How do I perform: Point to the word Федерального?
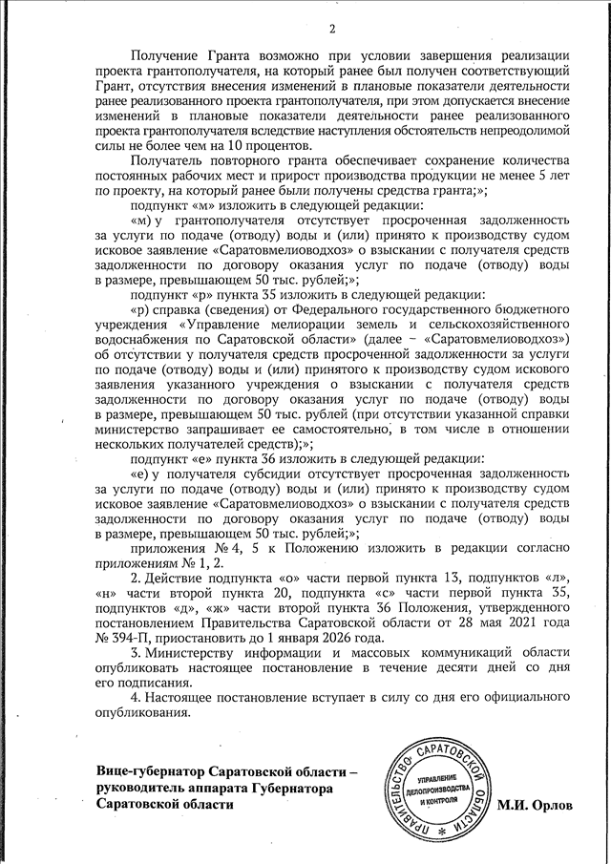[x=315, y=311]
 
